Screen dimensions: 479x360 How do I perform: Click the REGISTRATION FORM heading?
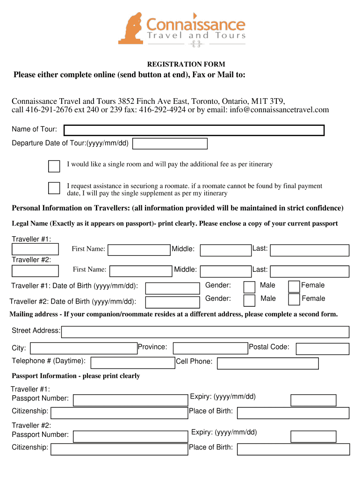tap(186, 64)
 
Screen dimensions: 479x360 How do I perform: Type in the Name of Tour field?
tap(194, 130)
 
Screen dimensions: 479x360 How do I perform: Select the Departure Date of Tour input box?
tap(170, 144)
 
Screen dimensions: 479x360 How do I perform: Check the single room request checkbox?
tap(54, 166)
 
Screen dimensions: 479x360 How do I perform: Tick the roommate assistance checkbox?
tap(54, 188)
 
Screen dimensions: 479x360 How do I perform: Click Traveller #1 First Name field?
tap(139, 250)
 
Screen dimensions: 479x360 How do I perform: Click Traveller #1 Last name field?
tap(310, 250)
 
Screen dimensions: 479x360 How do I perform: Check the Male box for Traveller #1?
tap(250, 287)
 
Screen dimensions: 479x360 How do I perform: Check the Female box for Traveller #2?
tap(294, 299)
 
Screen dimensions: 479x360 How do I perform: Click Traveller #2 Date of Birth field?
tap(172, 302)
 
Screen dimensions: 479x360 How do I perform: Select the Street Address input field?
tap(205, 332)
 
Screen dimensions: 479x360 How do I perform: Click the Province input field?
tap(210, 348)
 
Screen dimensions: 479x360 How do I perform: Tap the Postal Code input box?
tap(323, 349)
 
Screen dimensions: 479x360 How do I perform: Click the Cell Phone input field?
tap(267, 363)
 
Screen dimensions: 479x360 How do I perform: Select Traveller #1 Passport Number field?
tap(130, 400)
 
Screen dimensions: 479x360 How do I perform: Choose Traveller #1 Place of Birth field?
tap(293, 413)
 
